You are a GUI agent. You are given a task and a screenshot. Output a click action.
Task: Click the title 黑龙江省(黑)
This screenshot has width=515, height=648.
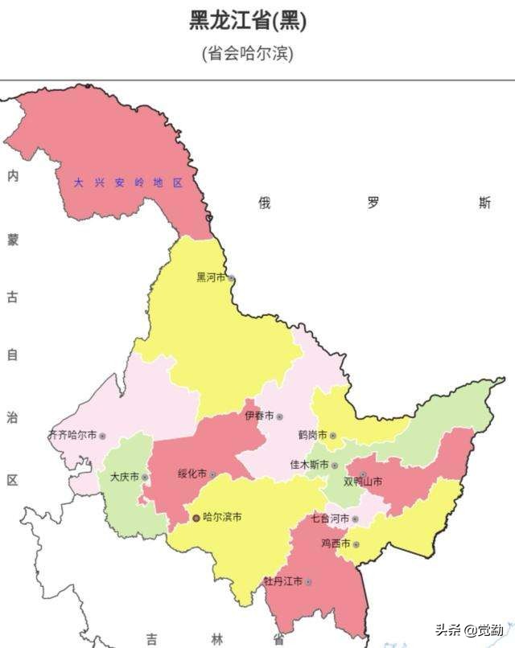[x=248, y=22]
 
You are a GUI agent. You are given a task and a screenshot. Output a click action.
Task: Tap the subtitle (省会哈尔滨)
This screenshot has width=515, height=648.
[x=248, y=54]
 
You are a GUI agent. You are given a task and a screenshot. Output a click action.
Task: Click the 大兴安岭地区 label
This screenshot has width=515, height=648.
[x=129, y=183]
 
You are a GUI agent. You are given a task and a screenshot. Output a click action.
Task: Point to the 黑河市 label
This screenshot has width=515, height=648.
[x=212, y=277]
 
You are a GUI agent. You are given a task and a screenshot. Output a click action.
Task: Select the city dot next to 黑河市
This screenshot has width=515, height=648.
[x=231, y=278]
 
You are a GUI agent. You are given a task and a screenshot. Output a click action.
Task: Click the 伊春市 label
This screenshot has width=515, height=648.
[x=260, y=416]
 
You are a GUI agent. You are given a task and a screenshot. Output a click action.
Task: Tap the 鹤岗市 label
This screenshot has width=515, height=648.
[x=312, y=435]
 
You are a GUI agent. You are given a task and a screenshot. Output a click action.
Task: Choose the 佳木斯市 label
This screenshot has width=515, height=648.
[x=309, y=465]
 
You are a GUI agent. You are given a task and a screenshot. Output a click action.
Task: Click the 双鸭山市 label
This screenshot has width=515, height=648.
[x=363, y=482]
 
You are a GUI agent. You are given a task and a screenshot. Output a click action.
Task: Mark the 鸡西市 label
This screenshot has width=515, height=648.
[x=336, y=544]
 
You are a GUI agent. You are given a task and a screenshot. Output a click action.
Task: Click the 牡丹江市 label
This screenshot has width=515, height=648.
[x=282, y=580]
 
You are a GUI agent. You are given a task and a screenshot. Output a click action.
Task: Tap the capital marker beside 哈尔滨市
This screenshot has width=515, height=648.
[x=196, y=519]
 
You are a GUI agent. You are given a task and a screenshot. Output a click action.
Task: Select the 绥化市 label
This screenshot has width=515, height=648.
[x=192, y=474]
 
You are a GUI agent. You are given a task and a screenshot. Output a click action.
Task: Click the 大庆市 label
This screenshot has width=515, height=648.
[x=124, y=477]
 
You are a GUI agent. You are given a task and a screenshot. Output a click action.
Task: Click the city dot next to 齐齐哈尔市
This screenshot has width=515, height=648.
[x=102, y=436]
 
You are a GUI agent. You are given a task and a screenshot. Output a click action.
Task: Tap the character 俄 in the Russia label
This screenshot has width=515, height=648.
[x=264, y=203]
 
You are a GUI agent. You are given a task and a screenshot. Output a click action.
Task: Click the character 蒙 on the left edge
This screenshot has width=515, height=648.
[x=12, y=240]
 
